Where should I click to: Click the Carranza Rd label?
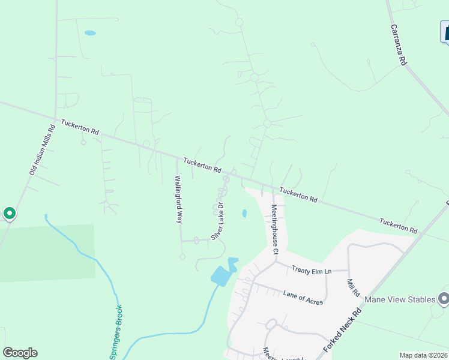coord(399,45)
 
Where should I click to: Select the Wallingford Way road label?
coord(178,199)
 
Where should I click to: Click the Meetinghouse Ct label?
coord(274,229)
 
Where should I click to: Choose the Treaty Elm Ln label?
coord(312,270)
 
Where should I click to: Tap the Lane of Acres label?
coord(303,297)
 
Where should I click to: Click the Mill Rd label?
coord(352,287)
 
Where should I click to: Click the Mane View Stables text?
coord(399,299)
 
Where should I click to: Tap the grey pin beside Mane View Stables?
coord(444,298)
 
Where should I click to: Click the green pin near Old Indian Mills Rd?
coord(10,213)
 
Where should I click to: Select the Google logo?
coord(20,353)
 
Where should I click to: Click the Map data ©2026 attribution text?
coord(423,355)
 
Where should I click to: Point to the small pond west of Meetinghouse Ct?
coord(244,213)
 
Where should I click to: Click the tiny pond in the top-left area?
coord(90,33)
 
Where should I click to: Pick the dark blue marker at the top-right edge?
coord(445,31)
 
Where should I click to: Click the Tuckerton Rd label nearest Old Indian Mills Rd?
coord(79,127)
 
